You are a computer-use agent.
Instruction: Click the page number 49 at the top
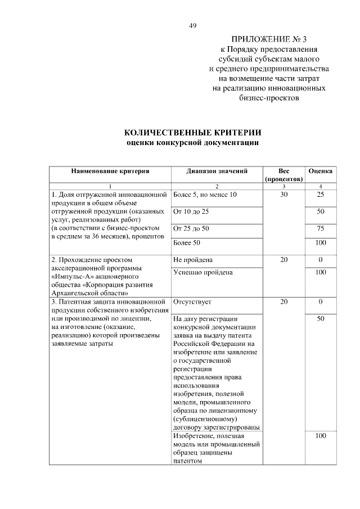click(x=192, y=25)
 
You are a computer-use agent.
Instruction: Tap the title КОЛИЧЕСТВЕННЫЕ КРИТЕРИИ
click(x=192, y=133)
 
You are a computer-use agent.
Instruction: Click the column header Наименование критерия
click(x=110, y=170)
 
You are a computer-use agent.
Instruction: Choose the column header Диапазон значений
click(x=217, y=170)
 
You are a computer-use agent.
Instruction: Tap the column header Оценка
click(x=321, y=170)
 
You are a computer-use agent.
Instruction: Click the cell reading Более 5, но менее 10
click(x=205, y=195)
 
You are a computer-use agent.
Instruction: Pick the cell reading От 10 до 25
click(x=191, y=211)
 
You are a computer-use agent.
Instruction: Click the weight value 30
click(x=283, y=195)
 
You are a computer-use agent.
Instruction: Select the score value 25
click(x=321, y=195)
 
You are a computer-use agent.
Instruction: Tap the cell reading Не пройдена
click(x=193, y=260)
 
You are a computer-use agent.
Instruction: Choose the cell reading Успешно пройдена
click(x=203, y=273)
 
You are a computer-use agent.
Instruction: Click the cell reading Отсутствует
click(x=192, y=302)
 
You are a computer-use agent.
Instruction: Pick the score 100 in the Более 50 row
click(x=321, y=243)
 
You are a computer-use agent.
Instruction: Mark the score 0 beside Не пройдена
click(x=321, y=260)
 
